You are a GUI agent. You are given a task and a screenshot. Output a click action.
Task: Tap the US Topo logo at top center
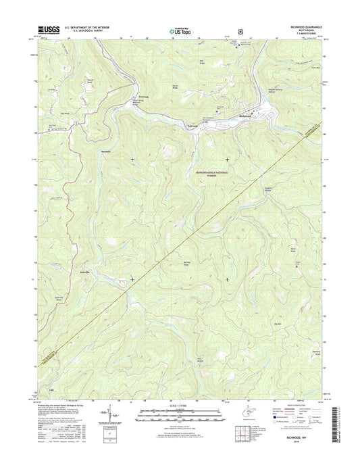coord(180,30)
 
